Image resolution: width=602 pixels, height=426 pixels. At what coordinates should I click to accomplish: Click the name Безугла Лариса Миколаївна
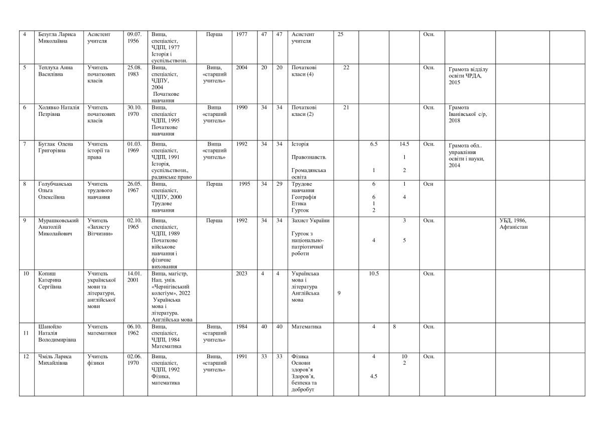click(x=57, y=38)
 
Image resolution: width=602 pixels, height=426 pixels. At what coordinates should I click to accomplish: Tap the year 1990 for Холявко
click(x=241, y=107)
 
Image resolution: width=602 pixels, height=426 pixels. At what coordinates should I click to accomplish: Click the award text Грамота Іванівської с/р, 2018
click(x=468, y=114)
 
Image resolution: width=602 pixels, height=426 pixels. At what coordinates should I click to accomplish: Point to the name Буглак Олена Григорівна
click(x=55, y=148)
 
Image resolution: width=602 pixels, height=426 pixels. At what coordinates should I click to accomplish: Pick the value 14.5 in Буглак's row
click(x=404, y=145)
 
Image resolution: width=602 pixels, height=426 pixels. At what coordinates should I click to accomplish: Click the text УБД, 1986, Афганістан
click(x=517, y=224)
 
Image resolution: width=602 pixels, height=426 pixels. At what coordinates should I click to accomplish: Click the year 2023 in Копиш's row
click(x=241, y=273)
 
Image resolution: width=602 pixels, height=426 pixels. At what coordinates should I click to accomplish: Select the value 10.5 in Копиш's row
click(x=374, y=273)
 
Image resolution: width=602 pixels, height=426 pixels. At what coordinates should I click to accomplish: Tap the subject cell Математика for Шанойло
click(x=306, y=327)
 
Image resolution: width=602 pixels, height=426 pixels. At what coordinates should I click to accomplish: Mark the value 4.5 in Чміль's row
click(x=374, y=376)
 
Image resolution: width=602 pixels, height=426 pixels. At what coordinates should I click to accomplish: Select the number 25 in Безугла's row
click(x=341, y=34)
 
